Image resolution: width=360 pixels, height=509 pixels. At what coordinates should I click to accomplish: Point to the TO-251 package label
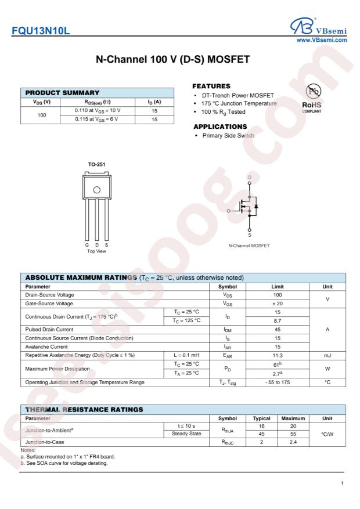click(96, 164)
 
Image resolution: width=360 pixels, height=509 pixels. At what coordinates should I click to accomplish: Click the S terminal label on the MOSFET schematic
click(250, 234)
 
